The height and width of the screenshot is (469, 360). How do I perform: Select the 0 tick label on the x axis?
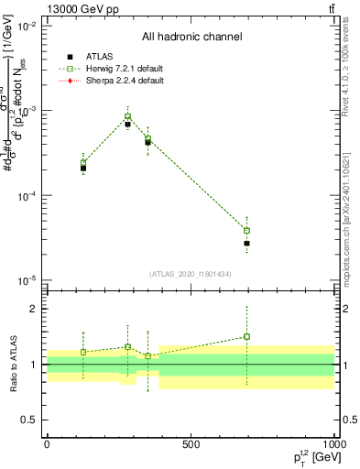(x=47, y=444)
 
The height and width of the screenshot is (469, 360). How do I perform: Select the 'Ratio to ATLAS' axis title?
(x=12, y=365)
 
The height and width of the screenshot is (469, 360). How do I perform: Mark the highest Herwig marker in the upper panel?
(x=128, y=116)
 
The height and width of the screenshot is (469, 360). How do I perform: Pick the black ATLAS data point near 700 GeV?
(x=246, y=244)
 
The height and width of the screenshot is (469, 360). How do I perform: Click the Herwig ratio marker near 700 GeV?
(x=246, y=336)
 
